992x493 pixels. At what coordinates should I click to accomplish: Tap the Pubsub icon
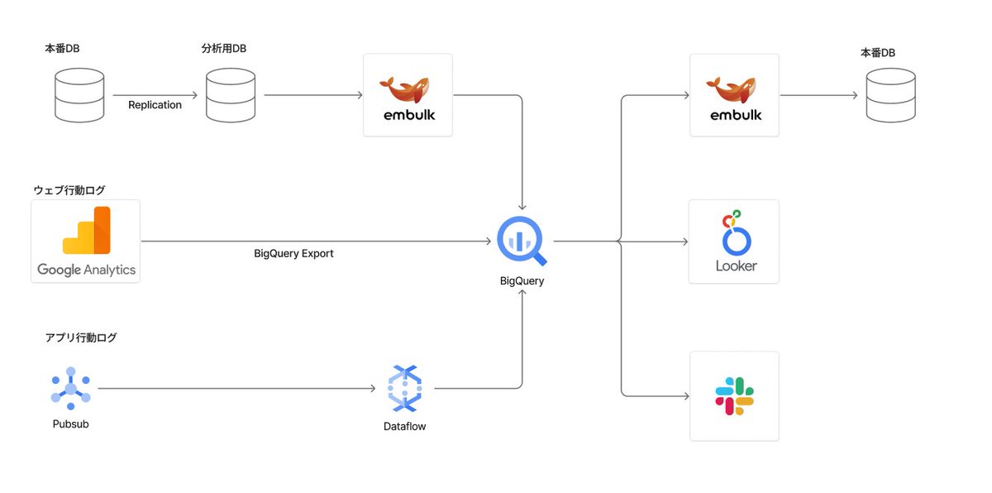point(70,388)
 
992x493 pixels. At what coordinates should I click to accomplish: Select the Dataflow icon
point(405,388)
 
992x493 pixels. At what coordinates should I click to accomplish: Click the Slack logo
point(734,396)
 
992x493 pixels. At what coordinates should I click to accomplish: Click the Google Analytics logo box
point(85,242)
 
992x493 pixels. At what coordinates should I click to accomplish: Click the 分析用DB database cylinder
point(231,95)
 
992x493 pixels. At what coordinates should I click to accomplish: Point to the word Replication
point(155,105)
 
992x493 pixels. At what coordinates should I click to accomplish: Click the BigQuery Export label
point(293,254)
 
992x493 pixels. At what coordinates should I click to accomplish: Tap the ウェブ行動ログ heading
point(69,190)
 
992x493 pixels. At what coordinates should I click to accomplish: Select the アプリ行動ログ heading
point(81,337)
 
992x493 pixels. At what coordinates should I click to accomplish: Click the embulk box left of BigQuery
point(408,95)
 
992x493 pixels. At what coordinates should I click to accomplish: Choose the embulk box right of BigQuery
point(734,95)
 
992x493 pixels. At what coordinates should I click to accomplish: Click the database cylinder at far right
point(890,95)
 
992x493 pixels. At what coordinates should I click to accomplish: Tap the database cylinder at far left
point(79,95)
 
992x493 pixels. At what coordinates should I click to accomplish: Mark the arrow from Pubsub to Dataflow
point(236,388)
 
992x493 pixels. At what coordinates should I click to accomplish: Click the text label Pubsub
point(69,424)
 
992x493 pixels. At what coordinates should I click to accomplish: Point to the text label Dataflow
point(405,427)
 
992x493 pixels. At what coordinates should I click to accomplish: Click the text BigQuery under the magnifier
point(522,281)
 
